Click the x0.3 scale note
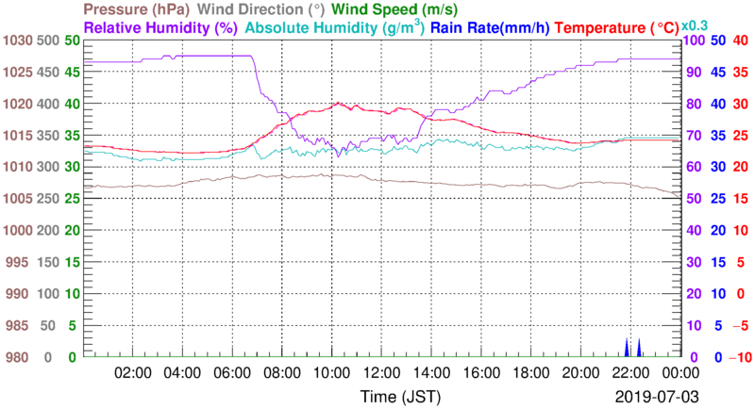[696, 25]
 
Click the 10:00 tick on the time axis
[330, 371]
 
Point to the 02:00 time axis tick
[133, 371]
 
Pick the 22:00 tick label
[629, 371]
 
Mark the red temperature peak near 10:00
[338, 104]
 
